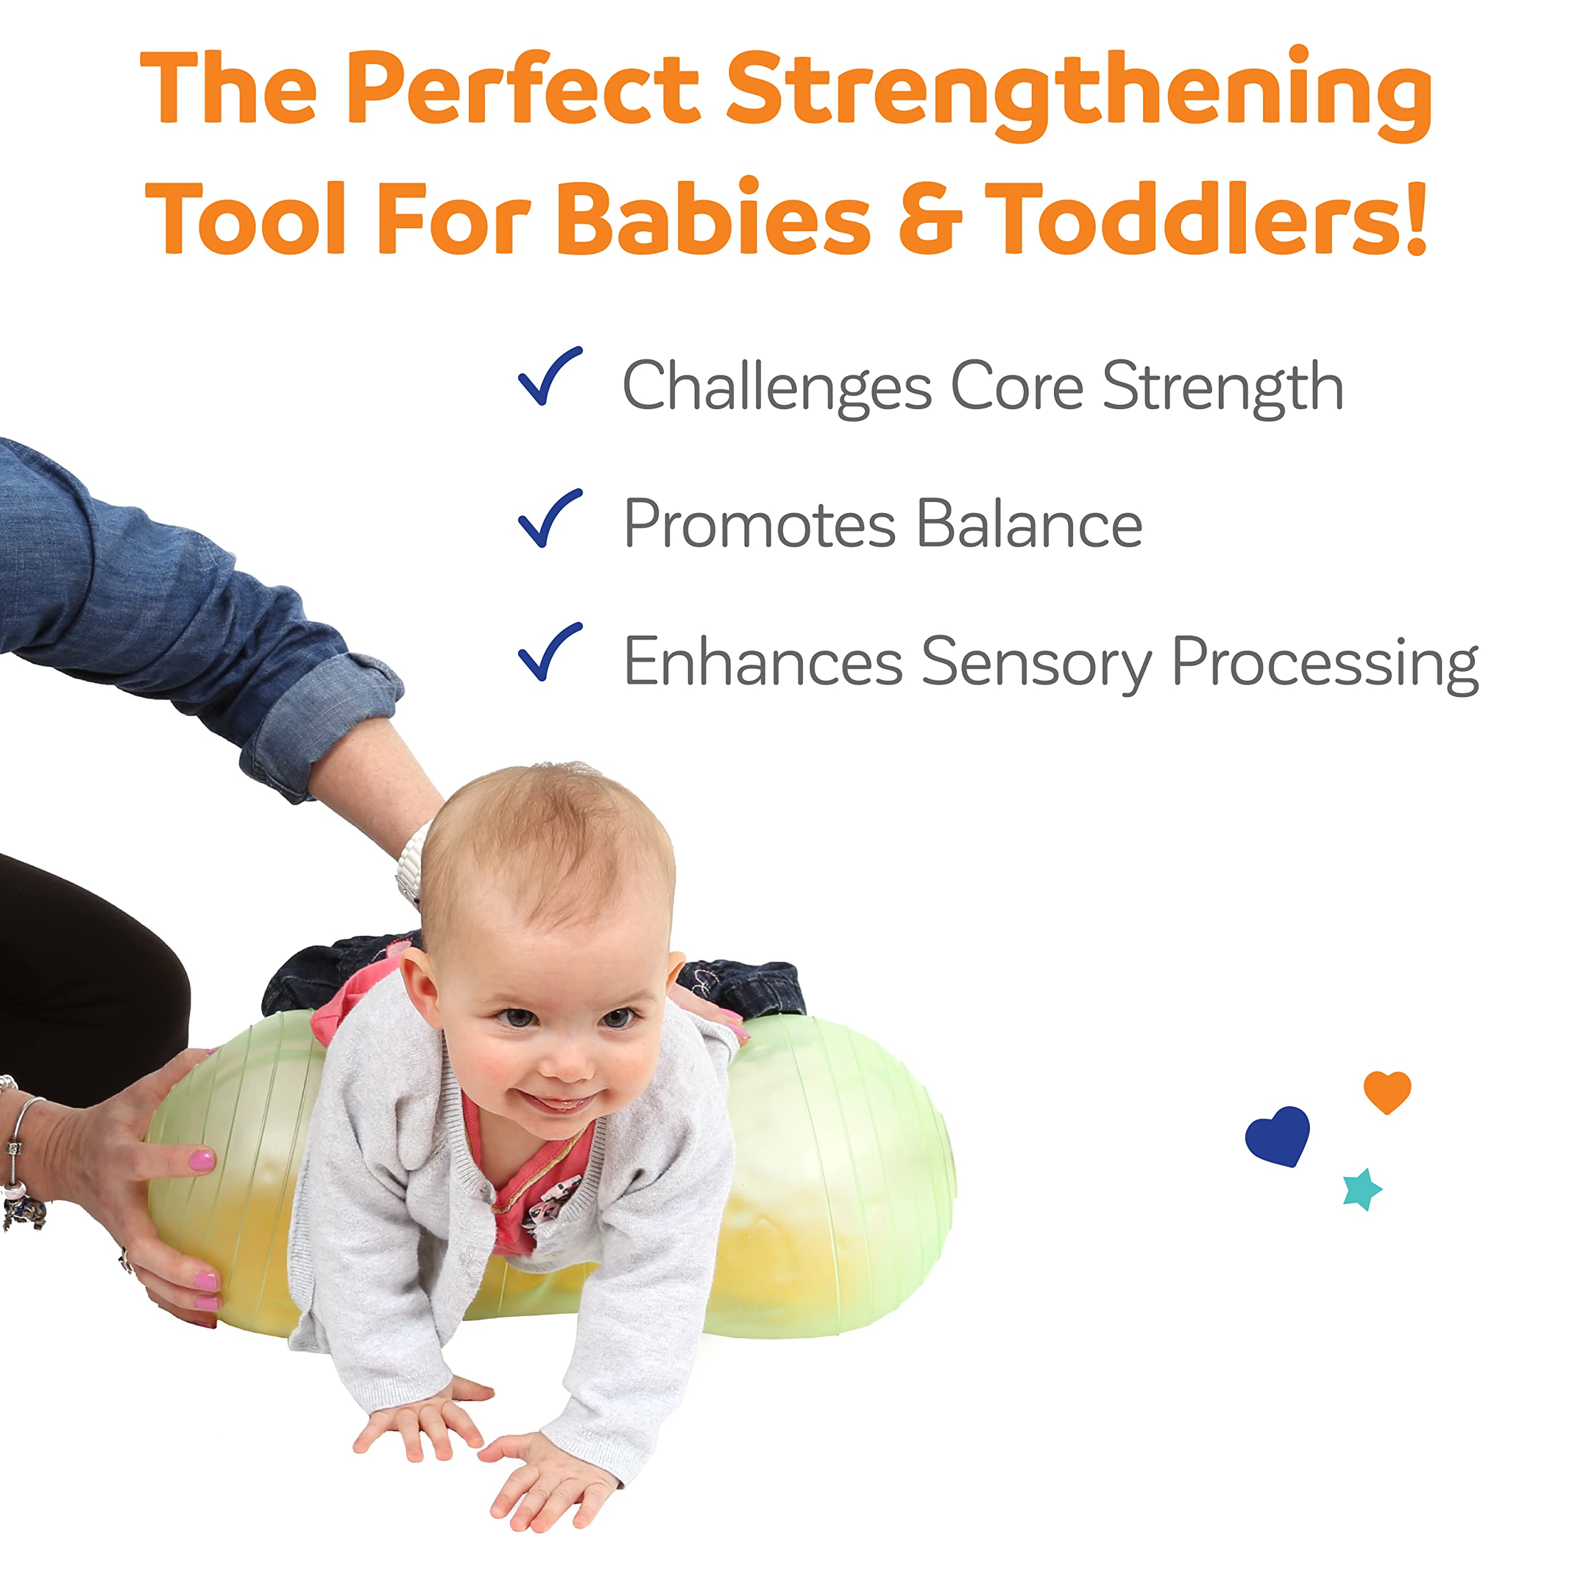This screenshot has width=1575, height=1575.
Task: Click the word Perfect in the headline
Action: pyautogui.click(x=524, y=87)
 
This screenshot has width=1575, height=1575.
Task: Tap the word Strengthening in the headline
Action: pyautogui.click(x=1079, y=94)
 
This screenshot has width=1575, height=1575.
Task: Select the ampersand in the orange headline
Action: pyautogui.click(x=930, y=218)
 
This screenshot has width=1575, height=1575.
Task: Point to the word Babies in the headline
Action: pyautogui.click(x=714, y=215)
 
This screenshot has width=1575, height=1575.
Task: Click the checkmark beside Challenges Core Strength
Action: pyautogui.click(x=550, y=376)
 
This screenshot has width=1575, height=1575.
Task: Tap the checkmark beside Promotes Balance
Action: pyautogui.click(x=550, y=519)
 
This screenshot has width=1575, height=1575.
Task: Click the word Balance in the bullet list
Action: pyautogui.click(x=1030, y=524)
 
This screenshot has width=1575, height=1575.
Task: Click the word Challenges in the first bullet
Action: pyautogui.click(x=778, y=386)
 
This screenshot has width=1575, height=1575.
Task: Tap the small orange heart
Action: pyautogui.click(x=1387, y=1091)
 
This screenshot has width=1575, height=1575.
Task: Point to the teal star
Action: pyautogui.click(x=1362, y=1189)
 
